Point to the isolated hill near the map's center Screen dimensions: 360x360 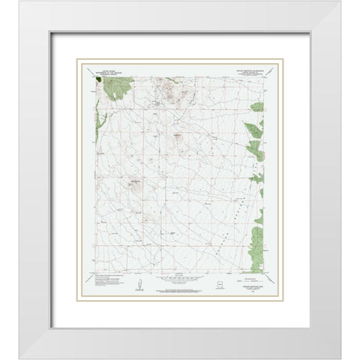pos(178,136)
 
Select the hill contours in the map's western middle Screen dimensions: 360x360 pos(135,183)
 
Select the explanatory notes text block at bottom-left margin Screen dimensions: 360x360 pos(105,284)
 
